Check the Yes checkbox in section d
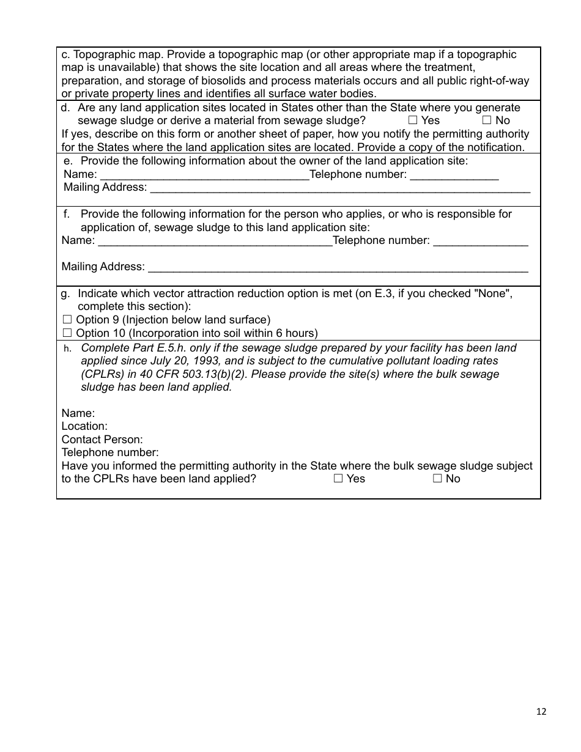pos(413,121)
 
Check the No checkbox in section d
pos(487,121)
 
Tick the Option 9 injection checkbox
pos(67,320)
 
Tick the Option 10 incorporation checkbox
pos(67,333)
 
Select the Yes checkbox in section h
pos(338,479)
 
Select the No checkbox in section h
pos(437,479)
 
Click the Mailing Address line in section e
pos(339,188)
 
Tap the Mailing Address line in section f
pos(338,268)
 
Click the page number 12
pos(541,711)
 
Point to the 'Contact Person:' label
pos(102,440)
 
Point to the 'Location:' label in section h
pos(84,426)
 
